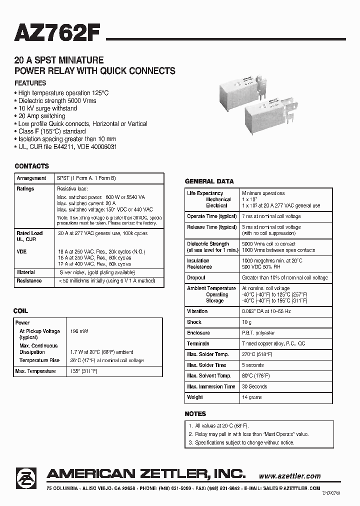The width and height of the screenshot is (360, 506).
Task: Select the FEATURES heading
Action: point(30,83)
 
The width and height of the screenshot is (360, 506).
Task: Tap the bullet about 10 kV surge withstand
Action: point(47,108)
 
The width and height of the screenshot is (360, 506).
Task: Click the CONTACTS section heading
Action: point(32,166)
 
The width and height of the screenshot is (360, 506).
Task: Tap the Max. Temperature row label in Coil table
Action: point(35,371)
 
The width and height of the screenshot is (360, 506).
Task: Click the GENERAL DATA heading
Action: point(209,181)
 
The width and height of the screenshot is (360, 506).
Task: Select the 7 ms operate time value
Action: point(271,216)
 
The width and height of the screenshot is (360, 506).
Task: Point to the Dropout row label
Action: point(196,277)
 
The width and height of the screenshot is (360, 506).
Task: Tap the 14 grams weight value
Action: point(252,397)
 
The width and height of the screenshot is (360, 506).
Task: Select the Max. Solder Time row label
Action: point(207,365)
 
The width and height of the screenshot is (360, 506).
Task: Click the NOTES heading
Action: point(195,413)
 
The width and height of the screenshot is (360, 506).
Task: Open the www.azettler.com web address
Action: point(290,476)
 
